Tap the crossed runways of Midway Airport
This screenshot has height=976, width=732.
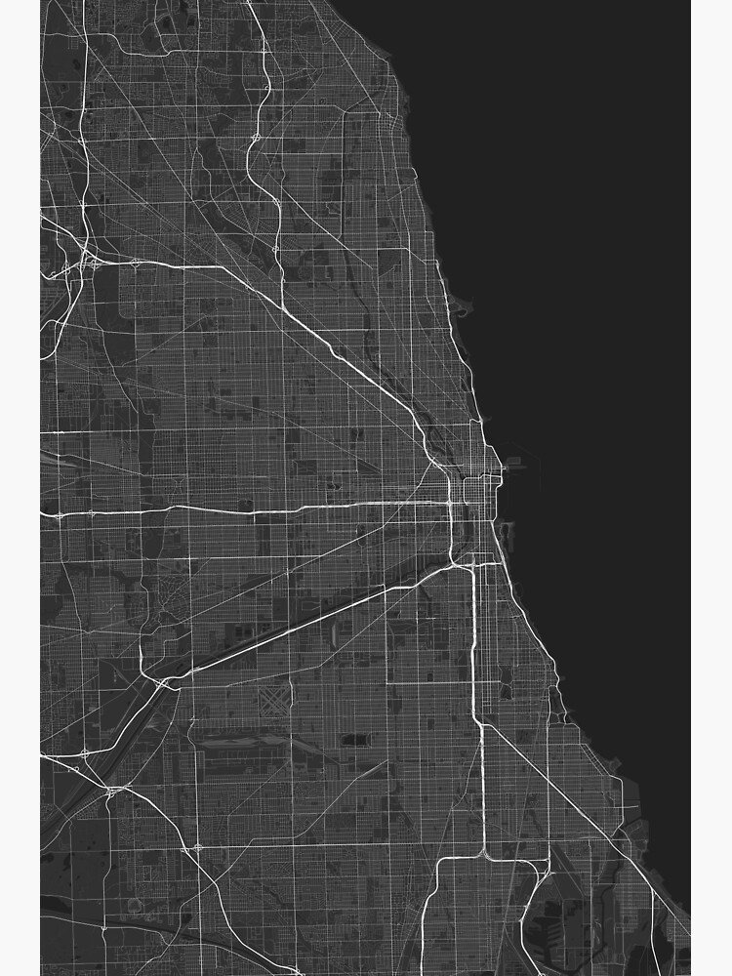pyautogui.click(x=276, y=699)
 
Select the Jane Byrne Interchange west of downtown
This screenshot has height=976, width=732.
pyautogui.click(x=452, y=504)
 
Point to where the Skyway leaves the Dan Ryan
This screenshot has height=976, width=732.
pyautogui.click(x=479, y=723)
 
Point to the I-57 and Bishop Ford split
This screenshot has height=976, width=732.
pyautogui.click(x=484, y=855)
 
